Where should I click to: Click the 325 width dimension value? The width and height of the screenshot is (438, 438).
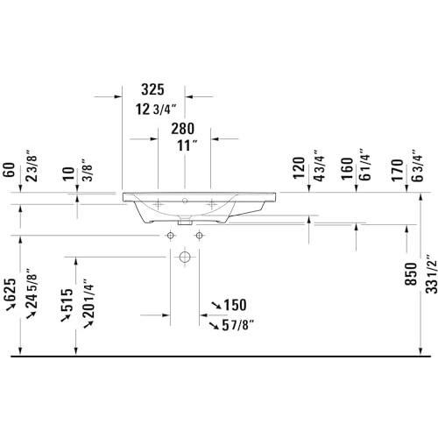152,89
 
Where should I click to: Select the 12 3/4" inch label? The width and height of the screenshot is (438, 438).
156,109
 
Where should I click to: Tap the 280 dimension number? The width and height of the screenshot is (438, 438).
182,129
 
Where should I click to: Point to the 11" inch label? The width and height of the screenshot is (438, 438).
187,145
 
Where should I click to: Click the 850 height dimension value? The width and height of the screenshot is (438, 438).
411,274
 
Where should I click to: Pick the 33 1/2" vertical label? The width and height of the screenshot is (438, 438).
431,273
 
